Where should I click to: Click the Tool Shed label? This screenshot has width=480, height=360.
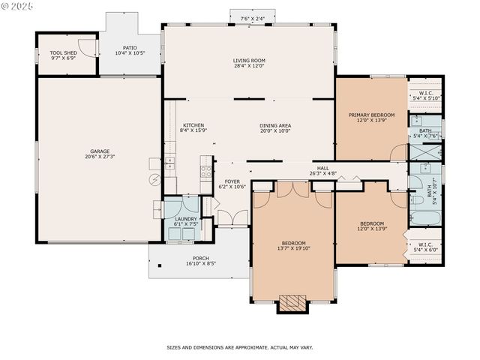pos(64,53)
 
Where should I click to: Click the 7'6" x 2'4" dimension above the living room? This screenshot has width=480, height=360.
pos(252,19)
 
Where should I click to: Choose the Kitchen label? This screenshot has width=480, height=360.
pos(193,125)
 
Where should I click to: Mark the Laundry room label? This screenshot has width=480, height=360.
pos(186,219)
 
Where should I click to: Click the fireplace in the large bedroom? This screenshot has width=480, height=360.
pos(292,303)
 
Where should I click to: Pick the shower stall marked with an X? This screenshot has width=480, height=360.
pos(425,151)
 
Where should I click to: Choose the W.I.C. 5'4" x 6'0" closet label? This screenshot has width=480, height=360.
pos(425,246)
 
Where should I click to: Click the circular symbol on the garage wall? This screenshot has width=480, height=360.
pos(155,179)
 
